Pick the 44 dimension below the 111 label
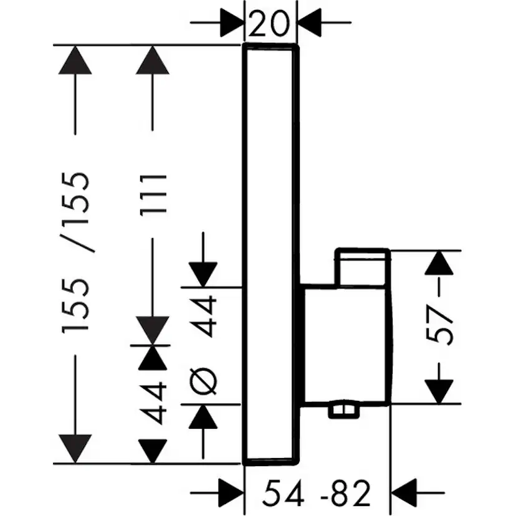[x=153, y=403]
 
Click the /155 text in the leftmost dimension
[x=81, y=212]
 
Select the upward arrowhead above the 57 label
[x=440, y=262]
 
